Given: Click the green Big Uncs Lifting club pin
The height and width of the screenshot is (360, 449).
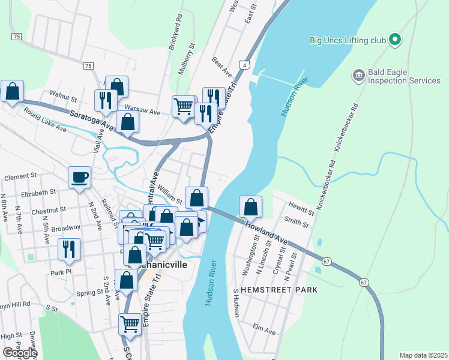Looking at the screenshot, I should pos(394,40).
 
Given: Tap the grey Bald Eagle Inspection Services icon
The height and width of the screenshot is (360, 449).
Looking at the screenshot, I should pos(358,75).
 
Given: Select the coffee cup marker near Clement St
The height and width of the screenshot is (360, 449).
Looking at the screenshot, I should pos(79,177).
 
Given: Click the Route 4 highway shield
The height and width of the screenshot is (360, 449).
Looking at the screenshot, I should pos(244,63).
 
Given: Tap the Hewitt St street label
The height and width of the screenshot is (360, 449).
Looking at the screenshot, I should pos(301,212).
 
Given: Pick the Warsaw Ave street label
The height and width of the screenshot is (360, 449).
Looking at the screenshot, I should pos(146,112).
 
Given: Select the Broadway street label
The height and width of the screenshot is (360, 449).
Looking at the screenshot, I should pos(65,228).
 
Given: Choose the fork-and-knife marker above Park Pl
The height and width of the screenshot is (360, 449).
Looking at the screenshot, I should pos(69,248).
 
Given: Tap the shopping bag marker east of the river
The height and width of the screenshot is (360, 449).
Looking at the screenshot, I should pos(250,207).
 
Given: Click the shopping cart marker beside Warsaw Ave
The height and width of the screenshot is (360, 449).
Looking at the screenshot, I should pos(184,107).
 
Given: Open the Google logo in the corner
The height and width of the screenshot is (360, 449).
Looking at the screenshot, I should pos(19,353).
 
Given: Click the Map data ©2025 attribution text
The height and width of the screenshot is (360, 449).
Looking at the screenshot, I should pos(424,355).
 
